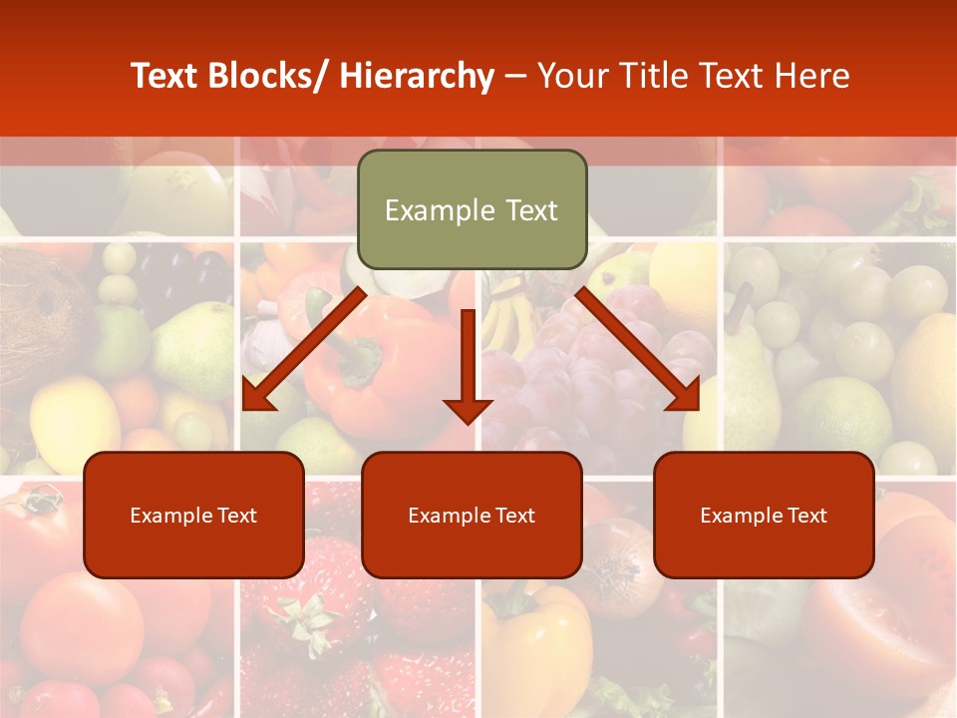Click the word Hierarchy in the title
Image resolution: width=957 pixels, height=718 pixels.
click(x=417, y=77)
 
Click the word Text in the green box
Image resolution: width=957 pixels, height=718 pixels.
click(x=529, y=210)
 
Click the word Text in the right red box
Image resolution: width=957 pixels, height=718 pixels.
click(x=805, y=516)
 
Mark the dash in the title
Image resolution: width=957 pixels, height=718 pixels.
click(x=516, y=77)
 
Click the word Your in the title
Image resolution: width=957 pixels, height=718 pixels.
click(x=570, y=77)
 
